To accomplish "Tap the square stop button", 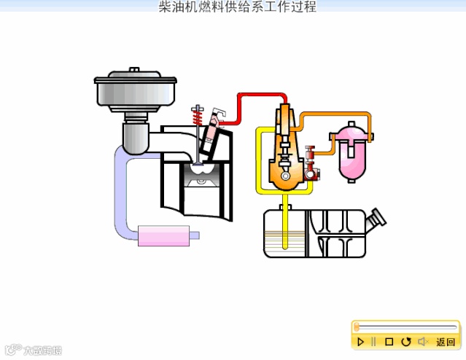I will [x=389, y=341].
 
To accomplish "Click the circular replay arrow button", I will [x=406, y=341].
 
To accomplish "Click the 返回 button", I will [x=445, y=341].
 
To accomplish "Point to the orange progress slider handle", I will [x=356, y=327].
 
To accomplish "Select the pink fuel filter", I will [x=351, y=154].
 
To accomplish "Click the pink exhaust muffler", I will [x=166, y=235].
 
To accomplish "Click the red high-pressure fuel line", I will [x=259, y=95].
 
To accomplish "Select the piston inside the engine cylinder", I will [x=201, y=179].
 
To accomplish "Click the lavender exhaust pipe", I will [x=121, y=197].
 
